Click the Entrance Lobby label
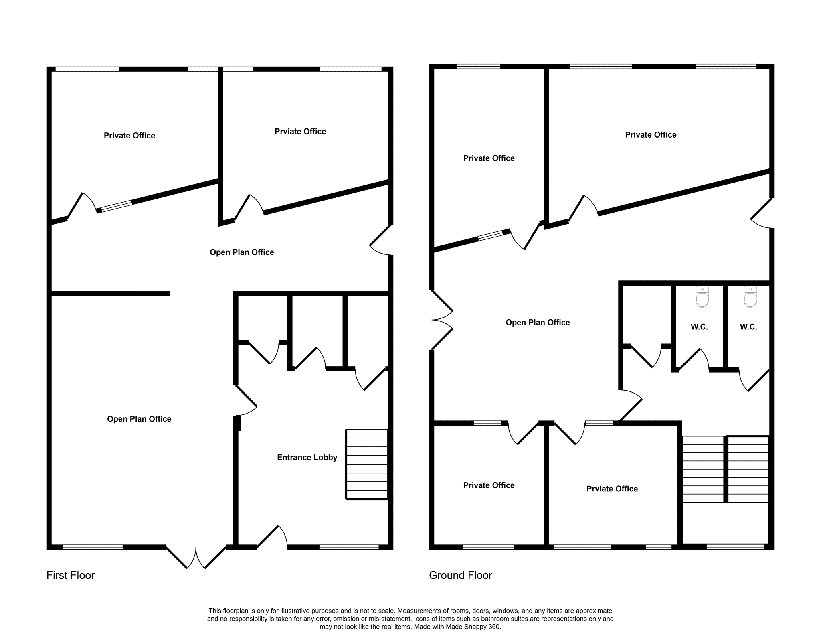(307, 458)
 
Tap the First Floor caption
(71, 575)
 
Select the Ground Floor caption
(460, 575)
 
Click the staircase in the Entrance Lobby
(367, 464)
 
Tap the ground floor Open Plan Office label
(537, 323)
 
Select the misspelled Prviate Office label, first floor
(300, 132)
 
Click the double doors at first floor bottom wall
(196, 557)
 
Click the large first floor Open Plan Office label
(139, 419)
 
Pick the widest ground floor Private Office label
(650, 135)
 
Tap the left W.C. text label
(699, 327)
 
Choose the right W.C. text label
(748, 327)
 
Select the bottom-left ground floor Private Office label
(489, 485)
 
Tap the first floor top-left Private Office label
(129, 136)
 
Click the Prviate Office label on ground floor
(612, 489)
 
